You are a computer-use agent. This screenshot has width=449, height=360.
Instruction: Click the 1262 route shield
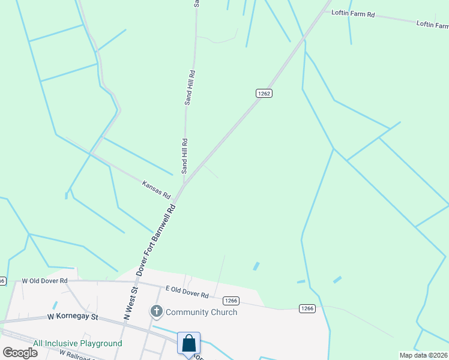coord(264,93)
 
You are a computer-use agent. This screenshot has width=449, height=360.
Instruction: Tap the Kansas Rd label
coord(157,190)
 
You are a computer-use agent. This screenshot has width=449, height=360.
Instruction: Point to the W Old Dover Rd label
coord(45,280)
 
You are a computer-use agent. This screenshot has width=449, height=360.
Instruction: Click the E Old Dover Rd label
coord(188,292)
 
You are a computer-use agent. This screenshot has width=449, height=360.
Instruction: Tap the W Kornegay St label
coord(73,316)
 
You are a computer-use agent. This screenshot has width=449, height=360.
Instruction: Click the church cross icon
coord(156,311)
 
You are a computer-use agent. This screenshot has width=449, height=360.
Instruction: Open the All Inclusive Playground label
coord(77,344)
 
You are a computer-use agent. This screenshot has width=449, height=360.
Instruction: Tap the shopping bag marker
coord(188,344)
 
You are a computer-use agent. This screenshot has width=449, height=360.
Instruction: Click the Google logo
coord(20,352)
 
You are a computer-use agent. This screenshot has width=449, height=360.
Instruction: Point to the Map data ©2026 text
coord(423,355)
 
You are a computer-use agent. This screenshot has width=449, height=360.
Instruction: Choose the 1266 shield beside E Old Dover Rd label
coord(232,300)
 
